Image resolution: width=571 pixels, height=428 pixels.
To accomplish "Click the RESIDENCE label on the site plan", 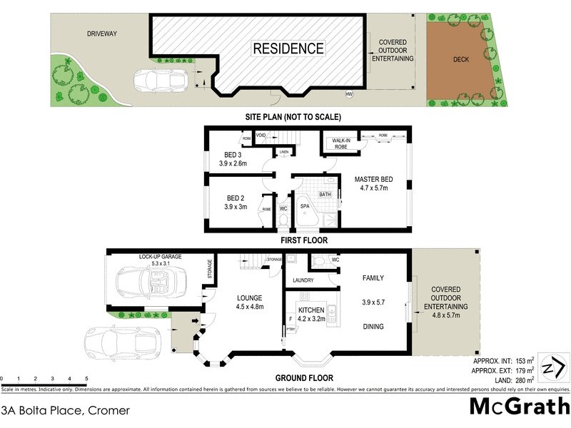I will (x=288, y=49).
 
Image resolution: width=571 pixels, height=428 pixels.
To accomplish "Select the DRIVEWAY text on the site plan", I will (x=102, y=33).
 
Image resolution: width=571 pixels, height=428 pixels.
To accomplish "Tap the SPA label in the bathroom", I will (x=304, y=206).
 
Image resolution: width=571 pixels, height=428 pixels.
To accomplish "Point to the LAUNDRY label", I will (x=303, y=280).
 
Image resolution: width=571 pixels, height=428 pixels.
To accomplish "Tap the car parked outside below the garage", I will (x=120, y=342).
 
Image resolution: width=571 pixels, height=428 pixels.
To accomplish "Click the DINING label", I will (x=373, y=327).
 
